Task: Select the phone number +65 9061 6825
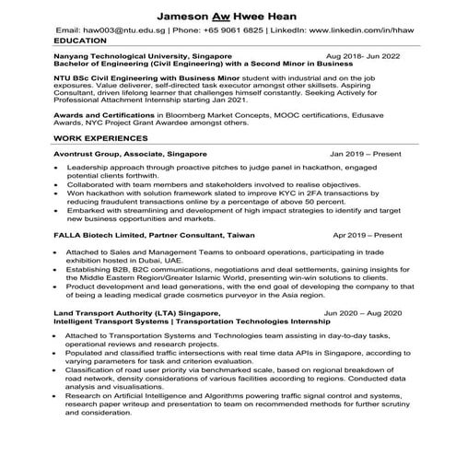(227, 30)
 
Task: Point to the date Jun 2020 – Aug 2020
(364, 313)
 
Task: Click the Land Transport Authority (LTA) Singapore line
(137, 313)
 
